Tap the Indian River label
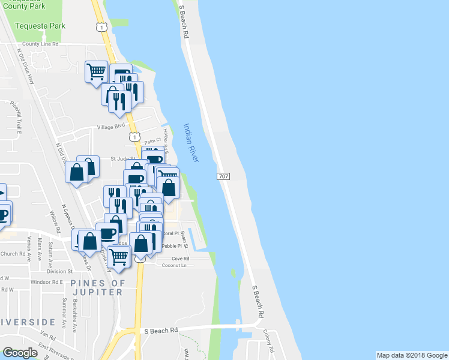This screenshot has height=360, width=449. coord(191,142)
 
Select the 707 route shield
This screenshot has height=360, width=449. coord(223,176)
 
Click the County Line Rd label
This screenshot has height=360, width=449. coord(40,44)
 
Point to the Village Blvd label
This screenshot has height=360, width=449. coord(111,126)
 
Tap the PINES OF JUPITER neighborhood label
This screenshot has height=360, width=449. coord(97,287)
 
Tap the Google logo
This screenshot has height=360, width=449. coord(20,353)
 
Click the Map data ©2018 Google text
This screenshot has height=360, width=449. coord(411,355)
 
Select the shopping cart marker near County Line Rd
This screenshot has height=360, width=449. coord(96,72)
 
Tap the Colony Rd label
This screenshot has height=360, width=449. coord(268,341)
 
